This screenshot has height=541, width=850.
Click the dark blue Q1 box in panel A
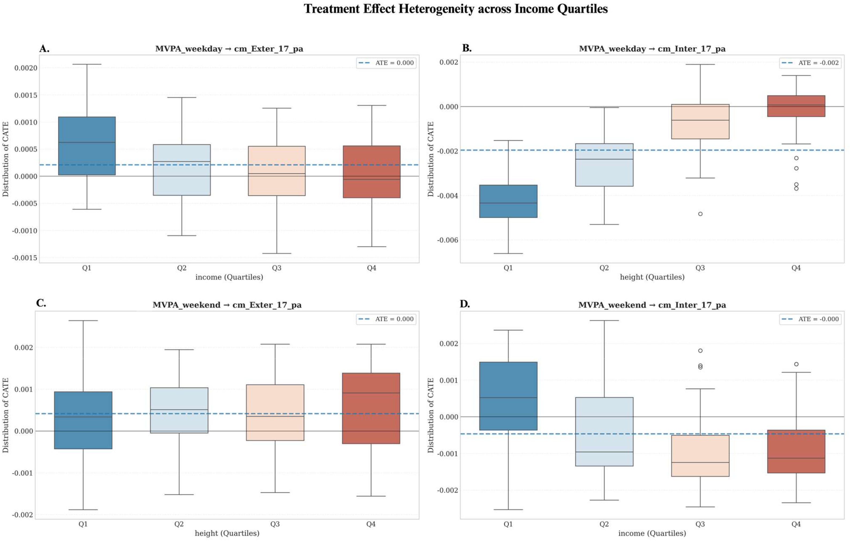(87, 146)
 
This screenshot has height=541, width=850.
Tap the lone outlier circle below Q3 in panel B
(700, 214)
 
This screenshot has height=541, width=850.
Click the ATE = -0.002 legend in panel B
(809, 63)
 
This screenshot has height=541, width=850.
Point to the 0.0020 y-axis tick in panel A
(25, 68)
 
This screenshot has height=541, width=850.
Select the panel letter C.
(41, 303)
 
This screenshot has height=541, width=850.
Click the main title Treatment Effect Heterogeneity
(456, 9)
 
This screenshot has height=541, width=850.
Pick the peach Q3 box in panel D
(700, 455)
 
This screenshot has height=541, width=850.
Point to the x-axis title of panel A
(229, 277)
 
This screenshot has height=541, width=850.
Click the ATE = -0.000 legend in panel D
(809, 319)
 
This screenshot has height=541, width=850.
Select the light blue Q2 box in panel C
(179, 410)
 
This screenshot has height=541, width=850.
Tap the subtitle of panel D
(652, 305)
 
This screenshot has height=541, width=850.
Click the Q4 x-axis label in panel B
(796, 268)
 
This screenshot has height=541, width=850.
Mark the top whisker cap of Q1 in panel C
(83, 321)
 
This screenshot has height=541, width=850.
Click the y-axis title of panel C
(5, 415)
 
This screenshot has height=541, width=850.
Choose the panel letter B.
(467, 48)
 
